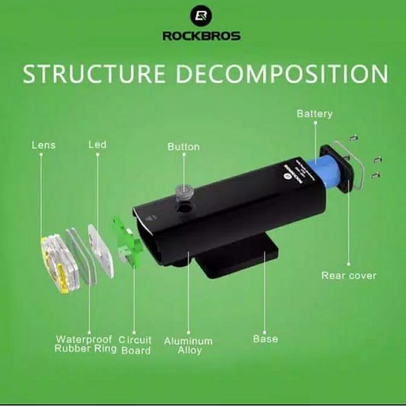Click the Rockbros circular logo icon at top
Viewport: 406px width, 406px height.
(x=201, y=16)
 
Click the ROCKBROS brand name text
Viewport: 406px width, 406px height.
(x=201, y=36)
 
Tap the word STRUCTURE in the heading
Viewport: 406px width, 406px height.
(x=94, y=74)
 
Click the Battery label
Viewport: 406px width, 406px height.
(x=315, y=114)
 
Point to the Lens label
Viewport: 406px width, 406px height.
(x=43, y=145)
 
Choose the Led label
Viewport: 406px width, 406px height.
(x=97, y=145)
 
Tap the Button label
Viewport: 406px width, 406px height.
(x=184, y=147)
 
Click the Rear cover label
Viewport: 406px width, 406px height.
(x=349, y=276)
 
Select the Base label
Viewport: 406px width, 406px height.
(x=265, y=339)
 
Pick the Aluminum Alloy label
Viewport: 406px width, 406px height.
(x=188, y=346)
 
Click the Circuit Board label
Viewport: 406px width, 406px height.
(x=136, y=345)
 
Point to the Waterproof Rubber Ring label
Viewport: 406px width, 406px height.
(x=86, y=344)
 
